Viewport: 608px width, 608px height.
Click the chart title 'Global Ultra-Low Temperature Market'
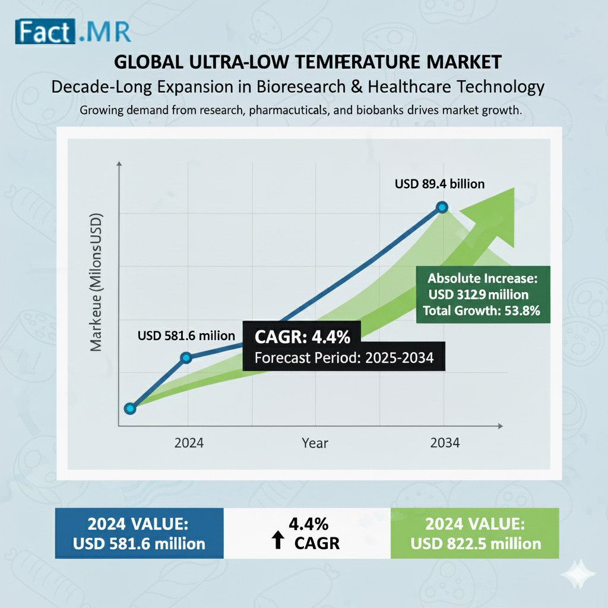pyautogui.click(x=307, y=63)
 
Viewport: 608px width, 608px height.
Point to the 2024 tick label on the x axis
pyautogui.click(x=189, y=443)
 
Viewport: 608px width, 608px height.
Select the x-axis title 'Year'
pyautogui.click(x=315, y=443)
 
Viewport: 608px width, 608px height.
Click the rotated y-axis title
pyautogui.click(x=97, y=281)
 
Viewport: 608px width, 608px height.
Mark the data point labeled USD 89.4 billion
pyautogui.click(x=442, y=207)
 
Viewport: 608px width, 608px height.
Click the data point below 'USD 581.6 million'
pyautogui.click(x=186, y=357)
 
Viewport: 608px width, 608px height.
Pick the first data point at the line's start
pyautogui.click(x=130, y=408)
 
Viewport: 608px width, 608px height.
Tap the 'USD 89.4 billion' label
pyautogui.click(x=439, y=184)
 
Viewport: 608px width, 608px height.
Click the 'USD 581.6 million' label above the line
pyautogui.click(x=186, y=336)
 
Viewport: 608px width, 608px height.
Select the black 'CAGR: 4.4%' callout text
pyautogui.click(x=303, y=338)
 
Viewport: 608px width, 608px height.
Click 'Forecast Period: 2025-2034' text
pyautogui.click(x=344, y=357)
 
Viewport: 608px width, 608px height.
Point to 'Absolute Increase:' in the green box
pyautogui.click(x=482, y=278)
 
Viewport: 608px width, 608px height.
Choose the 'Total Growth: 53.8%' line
pyautogui.click(x=481, y=310)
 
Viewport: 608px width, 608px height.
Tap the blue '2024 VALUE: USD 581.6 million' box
pyautogui.click(x=138, y=533)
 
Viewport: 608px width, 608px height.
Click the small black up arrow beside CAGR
pyautogui.click(x=277, y=540)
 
